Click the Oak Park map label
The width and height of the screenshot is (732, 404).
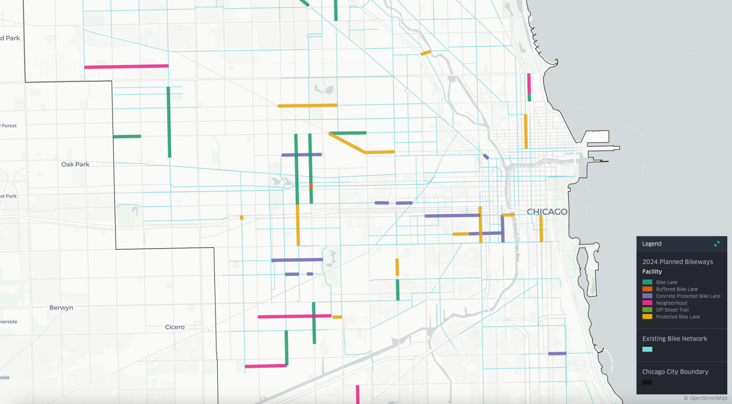75,164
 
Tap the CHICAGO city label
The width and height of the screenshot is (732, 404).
547,212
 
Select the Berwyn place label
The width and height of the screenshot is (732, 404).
61,308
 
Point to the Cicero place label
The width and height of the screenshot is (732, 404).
175,327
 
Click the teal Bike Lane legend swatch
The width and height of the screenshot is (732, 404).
647,282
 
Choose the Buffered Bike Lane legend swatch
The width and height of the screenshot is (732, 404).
647,289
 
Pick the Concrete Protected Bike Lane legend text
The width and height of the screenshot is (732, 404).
688,296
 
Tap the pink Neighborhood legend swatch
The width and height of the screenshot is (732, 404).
647,303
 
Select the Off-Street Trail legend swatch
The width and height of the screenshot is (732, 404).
647,310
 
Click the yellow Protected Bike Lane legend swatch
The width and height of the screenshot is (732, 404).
647,317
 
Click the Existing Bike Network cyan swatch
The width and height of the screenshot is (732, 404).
647,349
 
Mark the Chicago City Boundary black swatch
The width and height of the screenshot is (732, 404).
647,382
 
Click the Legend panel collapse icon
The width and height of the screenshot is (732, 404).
717,243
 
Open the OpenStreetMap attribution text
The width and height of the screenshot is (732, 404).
705,398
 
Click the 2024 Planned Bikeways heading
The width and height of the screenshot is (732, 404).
677,262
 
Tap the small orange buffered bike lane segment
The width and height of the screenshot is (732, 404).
311,186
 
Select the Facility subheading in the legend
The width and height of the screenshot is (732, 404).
652,272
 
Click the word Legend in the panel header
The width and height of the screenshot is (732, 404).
651,244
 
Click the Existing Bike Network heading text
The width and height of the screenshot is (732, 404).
674,339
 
